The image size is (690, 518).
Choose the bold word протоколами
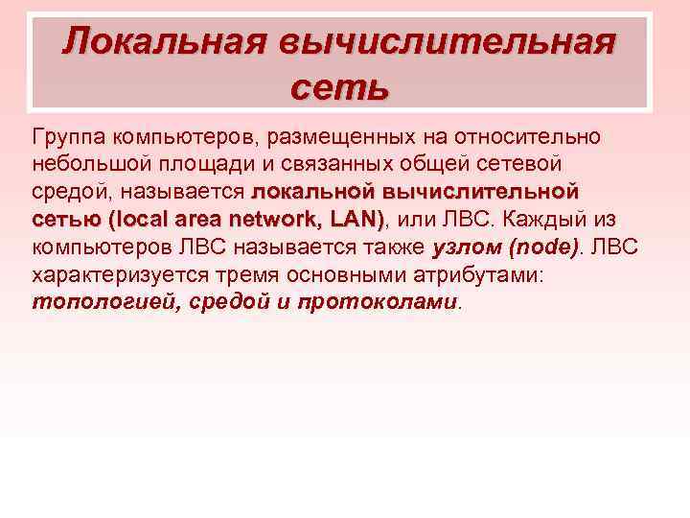tap(378, 302)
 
